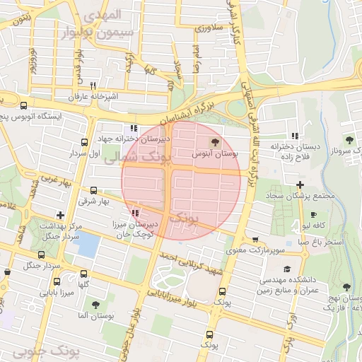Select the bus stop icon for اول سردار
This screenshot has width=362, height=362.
click(86, 142)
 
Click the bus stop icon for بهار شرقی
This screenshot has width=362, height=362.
click(94, 190)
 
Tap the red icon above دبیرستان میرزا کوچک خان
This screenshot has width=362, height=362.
click(135, 212)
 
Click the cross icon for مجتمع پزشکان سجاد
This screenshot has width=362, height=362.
click(300, 185)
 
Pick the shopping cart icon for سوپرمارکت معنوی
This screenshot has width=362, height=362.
click(255, 240)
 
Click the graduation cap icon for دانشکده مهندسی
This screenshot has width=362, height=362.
click(287, 269)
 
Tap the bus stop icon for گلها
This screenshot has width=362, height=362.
click(84, 274)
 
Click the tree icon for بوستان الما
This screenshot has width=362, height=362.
click(95, 305)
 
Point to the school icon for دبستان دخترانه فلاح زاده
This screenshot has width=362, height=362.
click(294, 136)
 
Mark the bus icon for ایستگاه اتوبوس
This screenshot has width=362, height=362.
click(25, 105)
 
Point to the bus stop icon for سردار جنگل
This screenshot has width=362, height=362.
click(8, 270)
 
